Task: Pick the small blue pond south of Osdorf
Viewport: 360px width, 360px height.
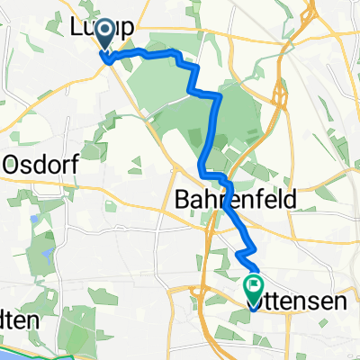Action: click(x=33, y=217)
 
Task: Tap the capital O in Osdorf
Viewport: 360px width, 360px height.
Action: click(x=13, y=165)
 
